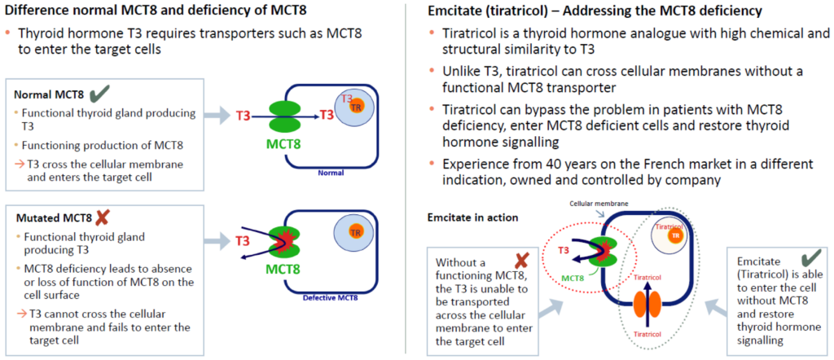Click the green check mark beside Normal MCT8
(99, 94)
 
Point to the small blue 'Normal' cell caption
(331, 173)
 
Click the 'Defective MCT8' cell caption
(331, 298)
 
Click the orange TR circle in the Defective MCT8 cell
(352, 232)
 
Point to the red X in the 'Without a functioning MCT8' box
(521, 260)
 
